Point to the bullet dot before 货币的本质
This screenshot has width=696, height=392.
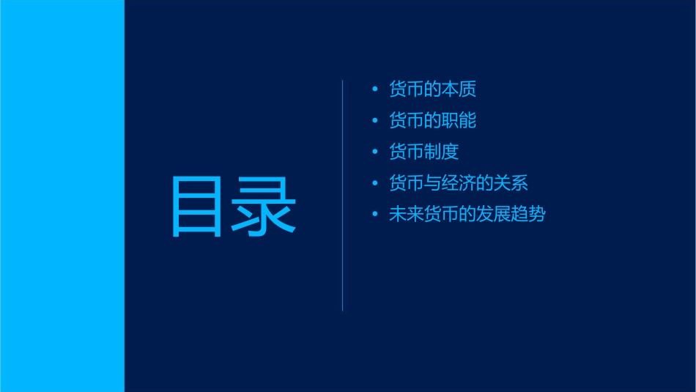coord(375,89)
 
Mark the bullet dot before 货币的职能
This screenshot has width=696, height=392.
coord(375,120)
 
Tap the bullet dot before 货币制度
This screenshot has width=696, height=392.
coord(375,152)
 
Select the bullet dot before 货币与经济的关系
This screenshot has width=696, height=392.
coord(375,183)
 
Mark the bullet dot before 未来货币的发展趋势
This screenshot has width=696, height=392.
coord(375,215)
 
